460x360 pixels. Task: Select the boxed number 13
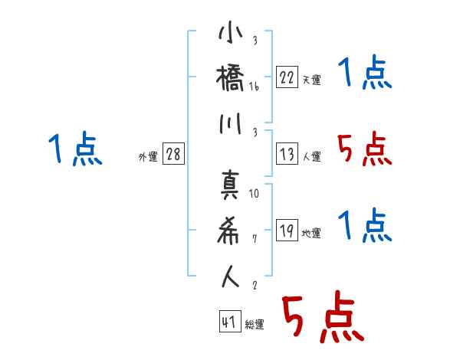click(x=287, y=153)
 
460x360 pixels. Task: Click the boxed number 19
click(x=287, y=230)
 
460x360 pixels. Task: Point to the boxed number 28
click(x=173, y=154)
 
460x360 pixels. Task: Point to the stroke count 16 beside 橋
click(x=254, y=87)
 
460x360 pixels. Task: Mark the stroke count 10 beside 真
click(x=254, y=194)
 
